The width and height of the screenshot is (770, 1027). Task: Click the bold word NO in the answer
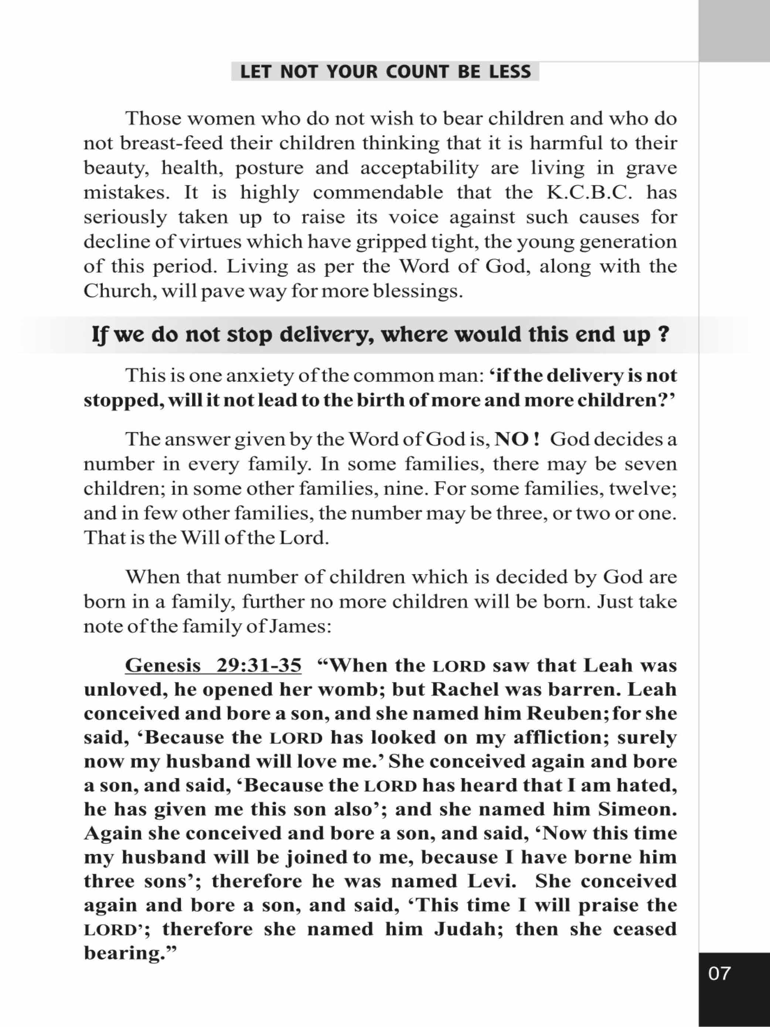pos(511,439)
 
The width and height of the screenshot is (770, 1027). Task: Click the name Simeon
pos(637,809)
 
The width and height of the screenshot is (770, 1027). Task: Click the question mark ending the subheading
pos(664,334)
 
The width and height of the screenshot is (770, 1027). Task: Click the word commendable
pos(378,192)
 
